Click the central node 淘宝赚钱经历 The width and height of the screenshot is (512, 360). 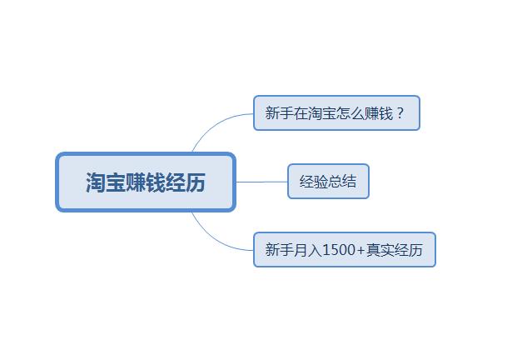click(x=146, y=182)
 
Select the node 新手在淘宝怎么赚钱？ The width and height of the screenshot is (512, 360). click(x=336, y=113)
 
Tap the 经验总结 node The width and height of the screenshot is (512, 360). click(x=328, y=182)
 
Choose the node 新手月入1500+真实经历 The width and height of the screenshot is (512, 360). click(x=345, y=250)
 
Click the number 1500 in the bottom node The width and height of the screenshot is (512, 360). click(x=338, y=250)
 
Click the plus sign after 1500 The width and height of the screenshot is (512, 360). click(x=360, y=250)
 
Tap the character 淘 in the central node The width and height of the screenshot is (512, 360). click(x=96, y=182)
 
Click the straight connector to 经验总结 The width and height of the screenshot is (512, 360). click(x=262, y=182)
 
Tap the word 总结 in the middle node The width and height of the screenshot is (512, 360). click(x=342, y=182)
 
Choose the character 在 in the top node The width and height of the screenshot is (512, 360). click(x=301, y=113)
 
